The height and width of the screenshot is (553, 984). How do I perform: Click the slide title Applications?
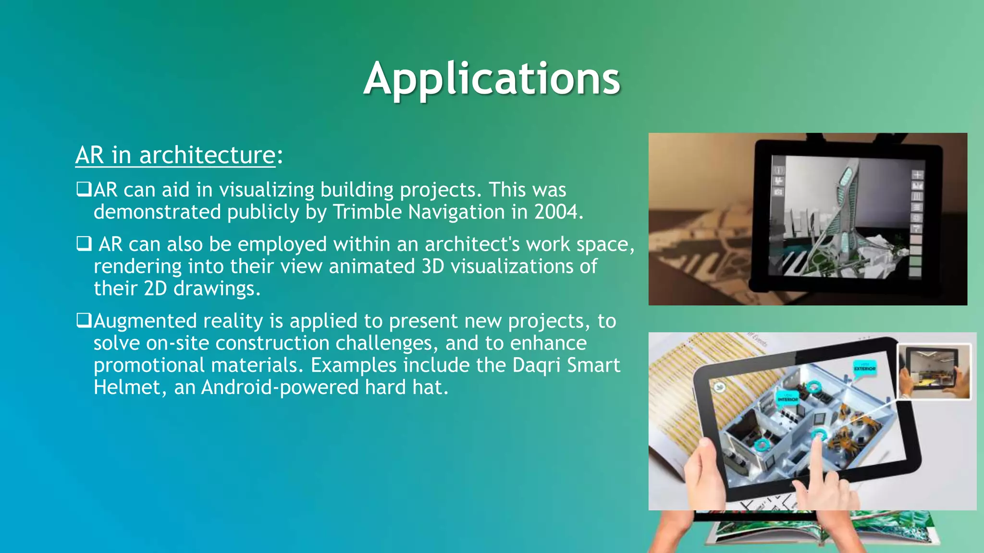[492, 79]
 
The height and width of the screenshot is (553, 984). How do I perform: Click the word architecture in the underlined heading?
[207, 156]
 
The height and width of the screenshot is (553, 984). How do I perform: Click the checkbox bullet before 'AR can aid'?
[84, 189]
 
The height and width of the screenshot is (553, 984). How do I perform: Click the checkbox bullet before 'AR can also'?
[84, 244]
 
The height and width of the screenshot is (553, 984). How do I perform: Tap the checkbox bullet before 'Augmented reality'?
[84, 320]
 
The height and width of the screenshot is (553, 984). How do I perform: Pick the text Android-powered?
[280, 387]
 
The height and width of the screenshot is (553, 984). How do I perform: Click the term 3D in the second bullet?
[432, 266]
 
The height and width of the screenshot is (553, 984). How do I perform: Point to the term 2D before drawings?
[155, 289]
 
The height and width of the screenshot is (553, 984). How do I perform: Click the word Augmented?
[145, 321]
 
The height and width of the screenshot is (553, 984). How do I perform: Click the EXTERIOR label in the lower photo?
[864, 368]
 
